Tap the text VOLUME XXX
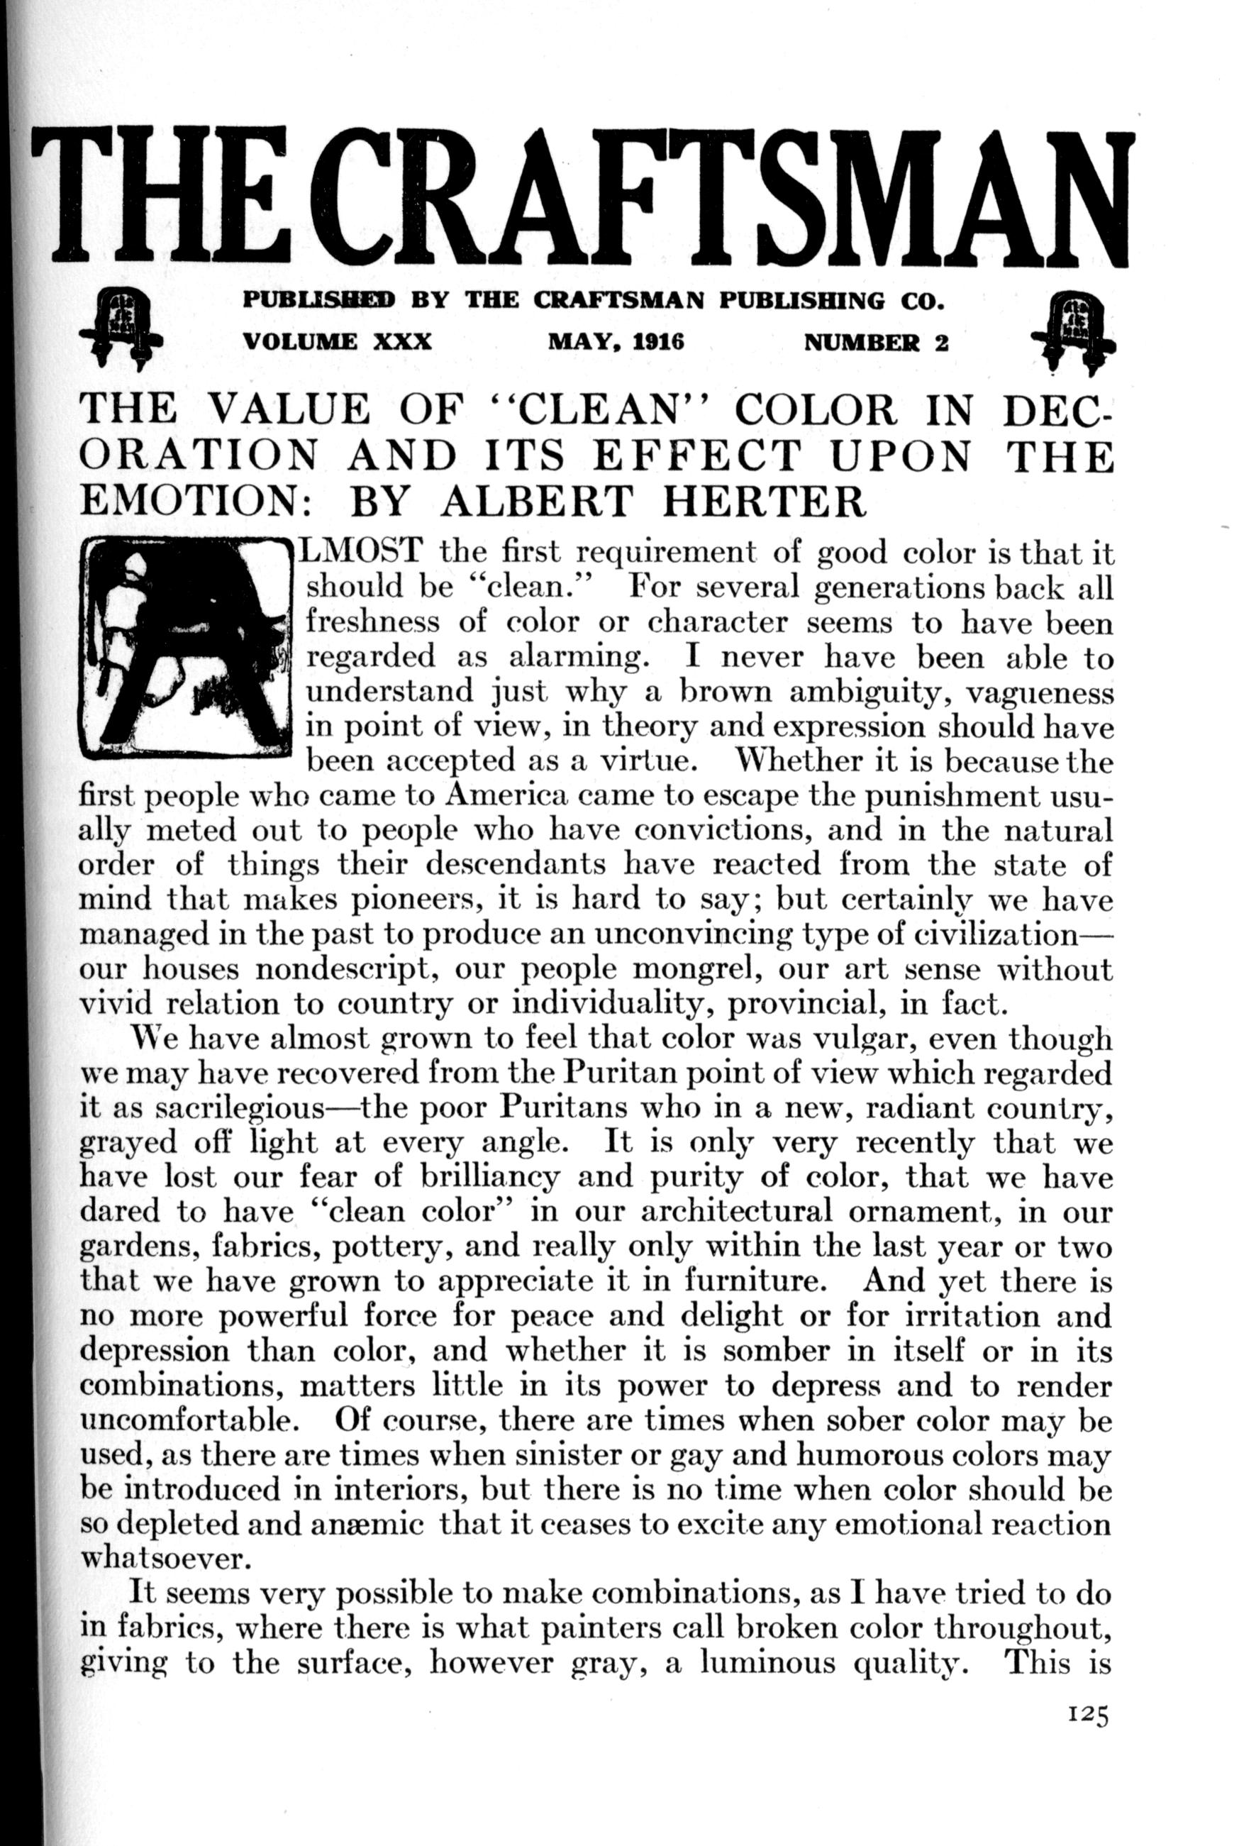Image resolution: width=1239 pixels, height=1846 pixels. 338,342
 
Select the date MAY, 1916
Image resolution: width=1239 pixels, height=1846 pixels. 616,342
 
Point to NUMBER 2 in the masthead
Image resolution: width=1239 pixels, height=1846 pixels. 875,342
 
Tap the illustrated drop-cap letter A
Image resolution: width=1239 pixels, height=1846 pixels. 185,646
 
